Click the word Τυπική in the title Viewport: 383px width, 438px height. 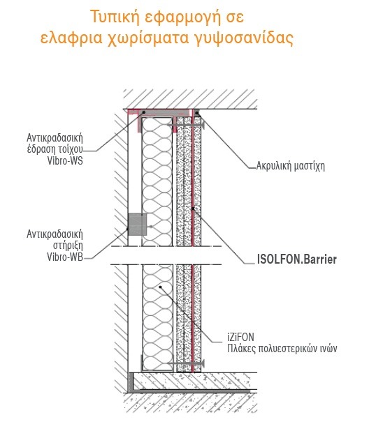[x=115, y=17]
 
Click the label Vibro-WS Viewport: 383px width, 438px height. [x=65, y=161]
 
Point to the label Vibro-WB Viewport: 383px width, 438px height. [x=65, y=257]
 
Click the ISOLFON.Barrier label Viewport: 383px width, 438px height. [x=297, y=259]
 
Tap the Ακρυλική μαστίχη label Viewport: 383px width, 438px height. [x=290, y=166]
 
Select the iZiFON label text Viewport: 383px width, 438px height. [x=240, y=337]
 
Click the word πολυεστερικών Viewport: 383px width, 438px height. [x=287, y=349]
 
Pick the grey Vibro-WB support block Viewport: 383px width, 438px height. [x=138, y=225]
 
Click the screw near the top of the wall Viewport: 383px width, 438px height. [x=186, y=125]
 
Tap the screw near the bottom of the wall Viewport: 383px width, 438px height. [x=186, y=363]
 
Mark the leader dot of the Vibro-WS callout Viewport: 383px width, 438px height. [x=144, y=112]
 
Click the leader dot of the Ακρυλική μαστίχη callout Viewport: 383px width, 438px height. [x=197, y=113]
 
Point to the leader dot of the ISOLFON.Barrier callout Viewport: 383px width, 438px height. [x=193, y=209]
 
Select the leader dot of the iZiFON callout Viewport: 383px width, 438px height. [x=160, y=287]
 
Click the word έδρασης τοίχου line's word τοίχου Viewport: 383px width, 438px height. [x=71, y=149]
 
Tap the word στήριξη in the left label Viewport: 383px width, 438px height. [x=68, y=246]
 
